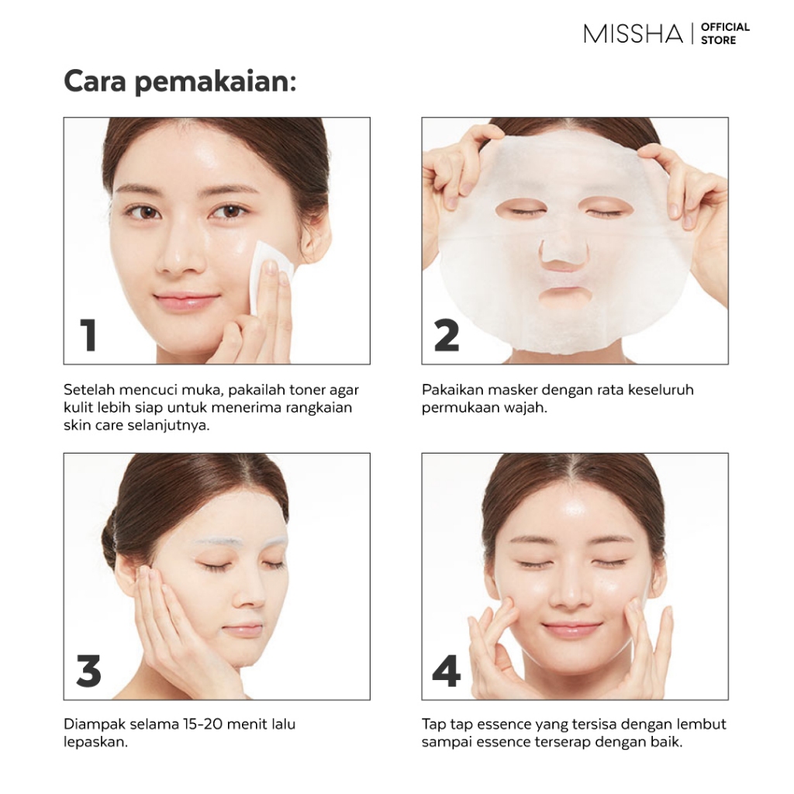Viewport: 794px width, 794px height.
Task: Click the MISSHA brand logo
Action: pos(633,33)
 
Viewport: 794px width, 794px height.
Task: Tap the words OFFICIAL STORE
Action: pos(725,33)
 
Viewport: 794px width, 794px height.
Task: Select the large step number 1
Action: pos(89,335)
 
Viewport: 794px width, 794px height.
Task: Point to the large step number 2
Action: pos(447,335)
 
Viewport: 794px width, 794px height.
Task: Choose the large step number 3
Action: pos(88,671)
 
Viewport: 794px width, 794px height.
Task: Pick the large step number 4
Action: pos(446,671)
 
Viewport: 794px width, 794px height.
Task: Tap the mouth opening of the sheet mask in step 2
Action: pos(565,296)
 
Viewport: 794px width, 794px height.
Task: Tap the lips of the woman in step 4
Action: pos(572,630)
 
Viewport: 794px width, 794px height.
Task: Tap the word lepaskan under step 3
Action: pos(95,742)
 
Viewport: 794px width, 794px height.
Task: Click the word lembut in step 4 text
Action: pos(703,724)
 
